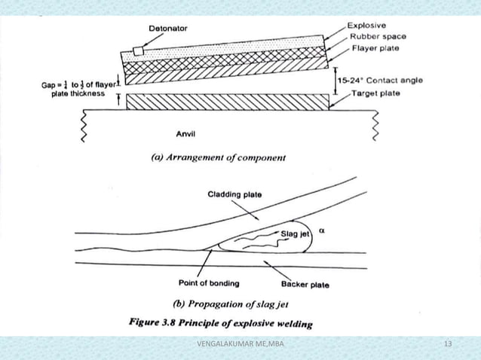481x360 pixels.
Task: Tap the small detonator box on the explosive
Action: [x=137, y=50]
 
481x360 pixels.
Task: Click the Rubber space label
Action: [x=377, y=37]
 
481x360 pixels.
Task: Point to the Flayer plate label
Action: [x=375, y=50]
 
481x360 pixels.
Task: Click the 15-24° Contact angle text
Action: [x=380, y=78]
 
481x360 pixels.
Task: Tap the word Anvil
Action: [x=186, y=135]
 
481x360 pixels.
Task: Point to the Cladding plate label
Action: [x=236, y=194]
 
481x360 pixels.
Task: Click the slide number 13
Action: [x=448, y=345]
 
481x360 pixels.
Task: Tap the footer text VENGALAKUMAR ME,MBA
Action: [x=240, y=345]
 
